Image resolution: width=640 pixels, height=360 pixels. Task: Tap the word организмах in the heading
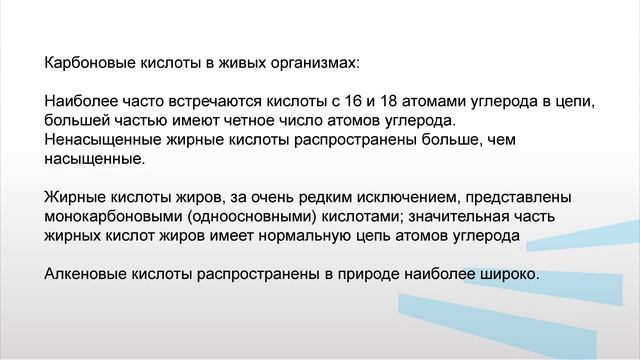click(314, 62)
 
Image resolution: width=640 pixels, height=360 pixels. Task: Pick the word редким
click(302, 197)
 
